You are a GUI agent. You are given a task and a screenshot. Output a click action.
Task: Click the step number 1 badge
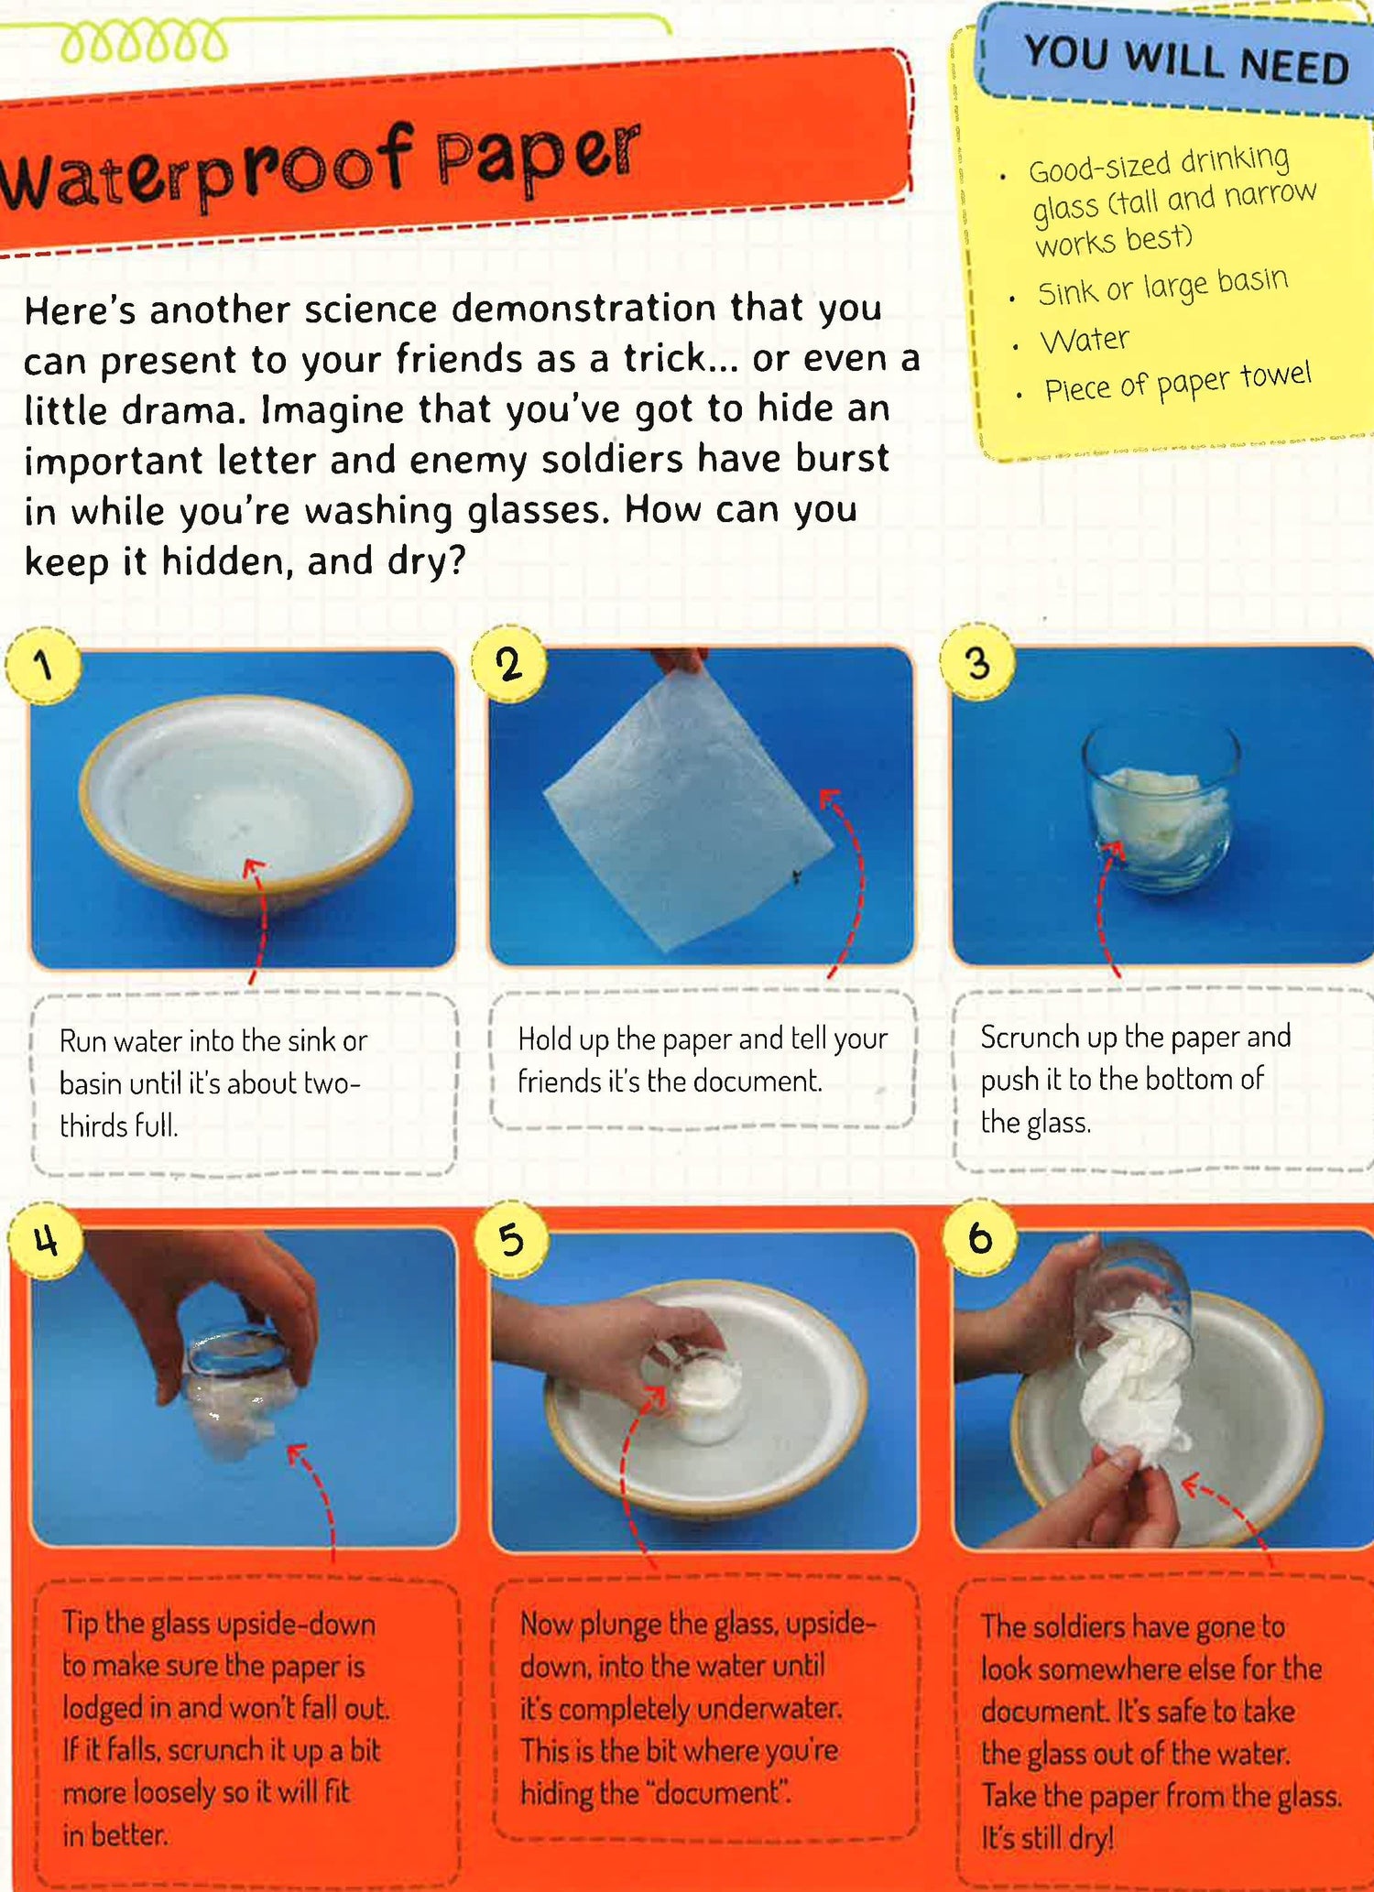coord(42,666)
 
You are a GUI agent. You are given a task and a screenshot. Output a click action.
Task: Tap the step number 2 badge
coord(510,664)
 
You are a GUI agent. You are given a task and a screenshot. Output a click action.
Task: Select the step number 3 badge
coord(978,661)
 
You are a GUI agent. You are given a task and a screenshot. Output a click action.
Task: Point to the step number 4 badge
coord(46,1241)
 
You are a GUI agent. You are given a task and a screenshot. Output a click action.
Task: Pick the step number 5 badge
coord(512,1238)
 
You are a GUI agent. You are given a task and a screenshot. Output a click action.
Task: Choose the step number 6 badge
coord(980,1237)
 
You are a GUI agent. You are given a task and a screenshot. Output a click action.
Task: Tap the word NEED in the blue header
coord(1293,66)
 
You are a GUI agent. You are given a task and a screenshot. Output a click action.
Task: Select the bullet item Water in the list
coord(1085,341)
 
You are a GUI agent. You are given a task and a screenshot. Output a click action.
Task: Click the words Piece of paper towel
coord(1178,383)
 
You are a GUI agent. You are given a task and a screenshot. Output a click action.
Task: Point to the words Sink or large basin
coord(1162,287)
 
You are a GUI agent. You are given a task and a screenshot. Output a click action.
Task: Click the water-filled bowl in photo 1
coord(245,804)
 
